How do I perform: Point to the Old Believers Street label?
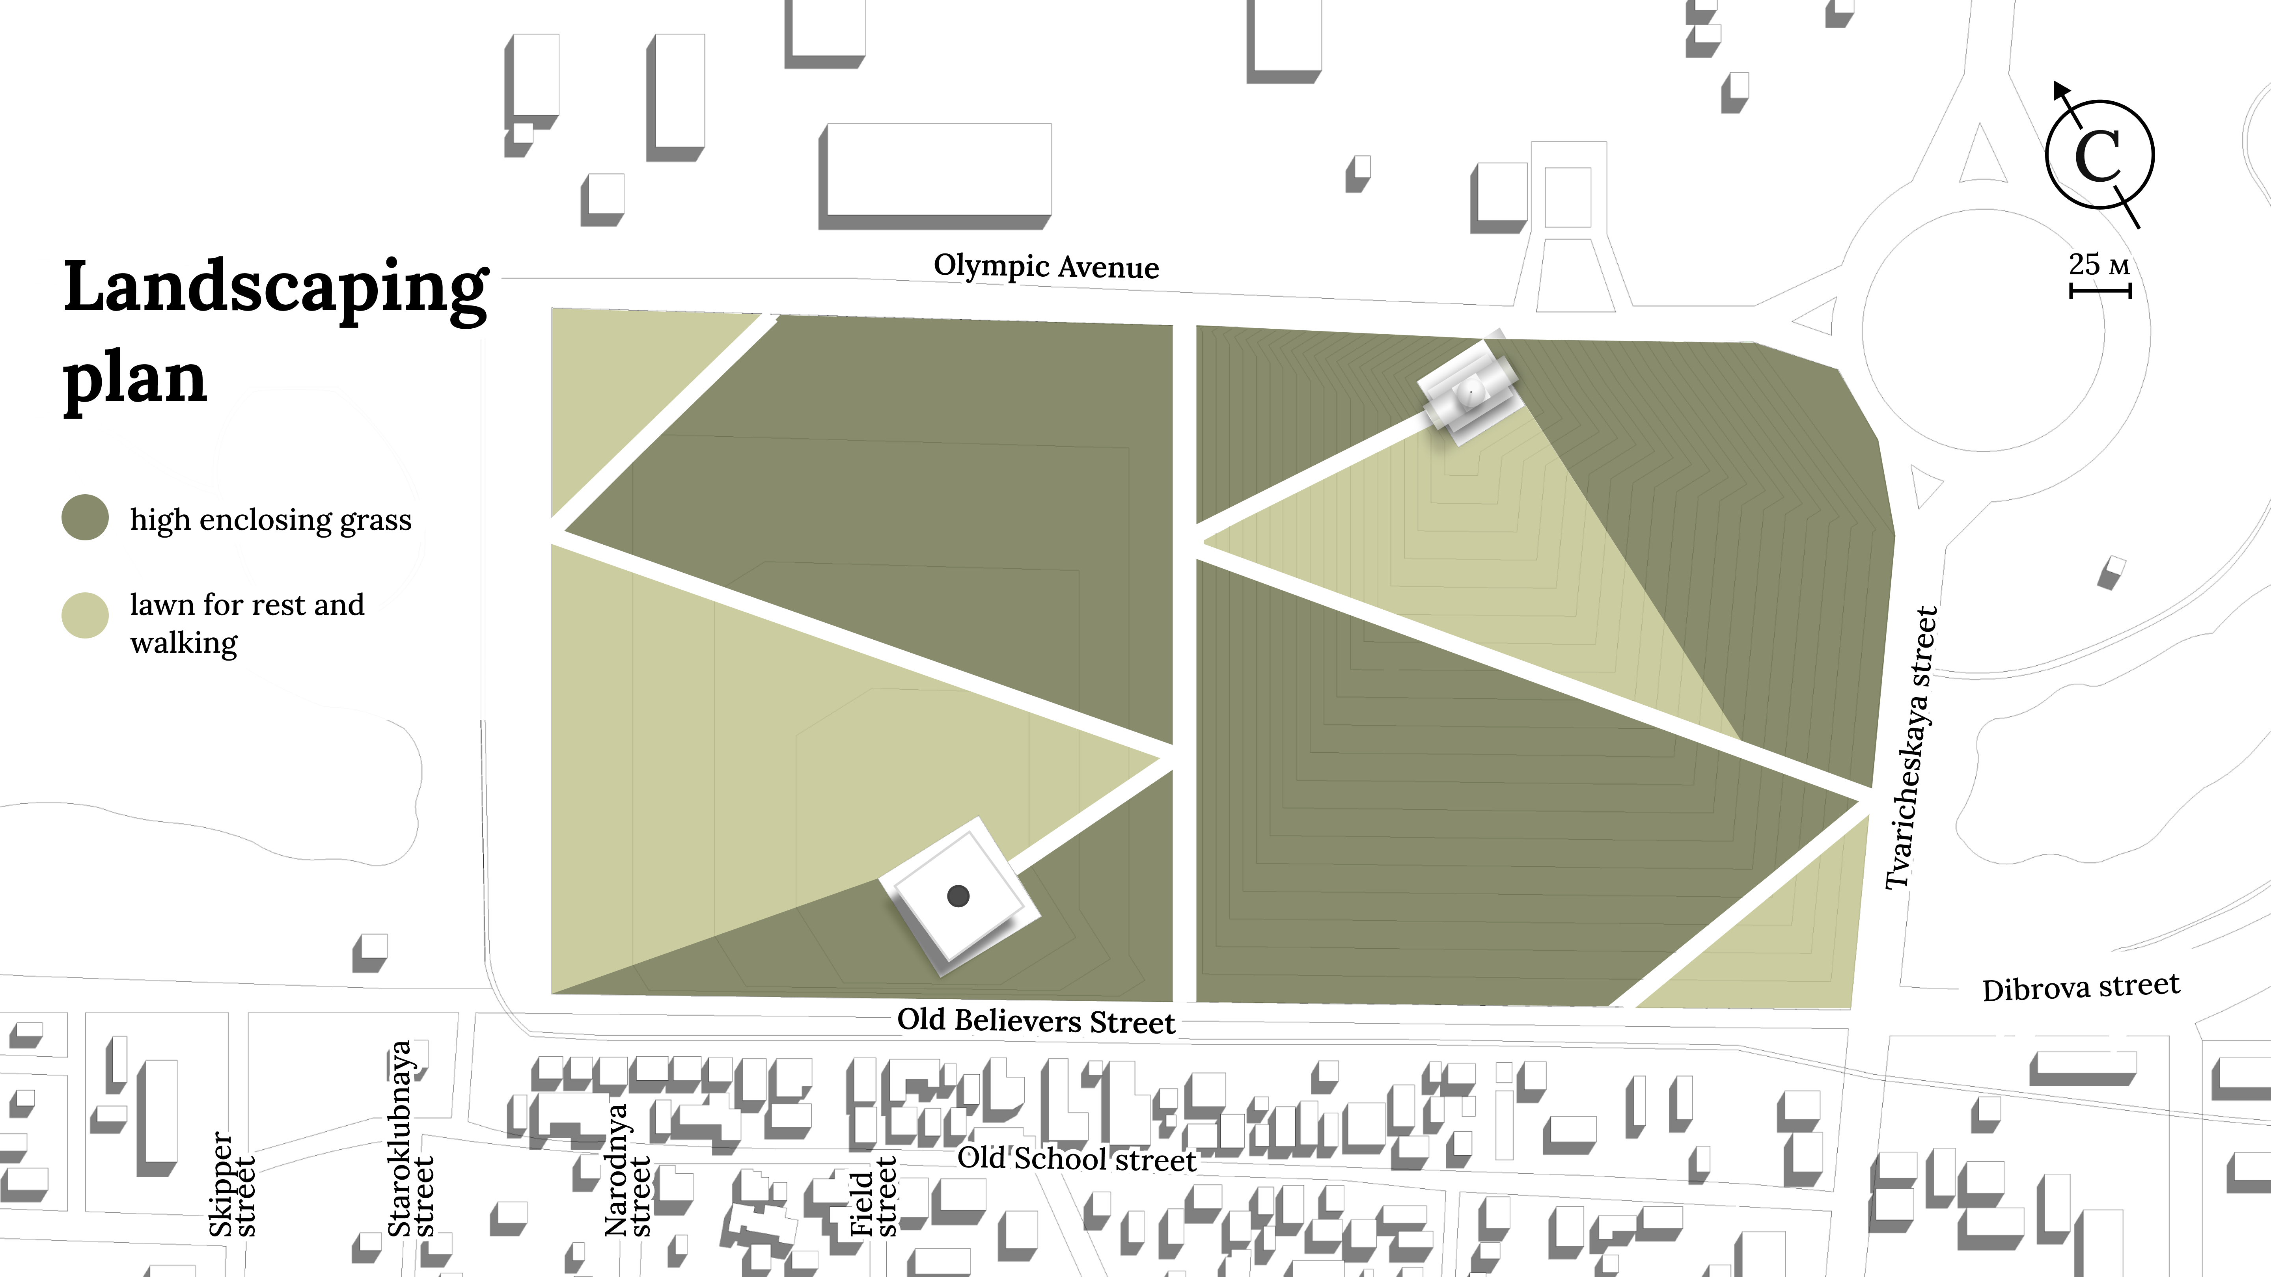tap(1036, 1020)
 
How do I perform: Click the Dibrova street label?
tap(2081, 987)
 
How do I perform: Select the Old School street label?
tap(1077, 1159)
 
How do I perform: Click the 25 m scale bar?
tap(2100, 290)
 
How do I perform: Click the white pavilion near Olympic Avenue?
tap(1469, 389)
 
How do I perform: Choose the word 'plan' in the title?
tap(135, 381)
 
